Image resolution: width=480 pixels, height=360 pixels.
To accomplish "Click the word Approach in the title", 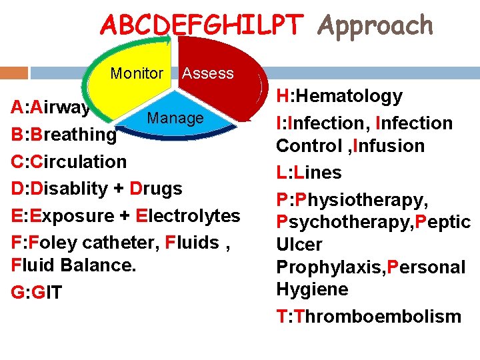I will (375, 25).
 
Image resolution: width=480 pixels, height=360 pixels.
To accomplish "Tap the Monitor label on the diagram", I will (137, 73).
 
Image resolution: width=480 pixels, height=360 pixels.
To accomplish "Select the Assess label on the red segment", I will (208, 73).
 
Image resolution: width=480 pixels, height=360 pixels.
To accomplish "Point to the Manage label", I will (175, 118).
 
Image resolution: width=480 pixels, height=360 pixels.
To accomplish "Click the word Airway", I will (59, 107).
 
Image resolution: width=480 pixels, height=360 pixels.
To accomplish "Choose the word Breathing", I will (73, 134).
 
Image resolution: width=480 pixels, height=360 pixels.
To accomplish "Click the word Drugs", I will (157, 189).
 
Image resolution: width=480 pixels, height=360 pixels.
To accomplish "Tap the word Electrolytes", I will (188, 216).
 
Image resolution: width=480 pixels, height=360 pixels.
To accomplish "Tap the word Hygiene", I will (312, 289).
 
